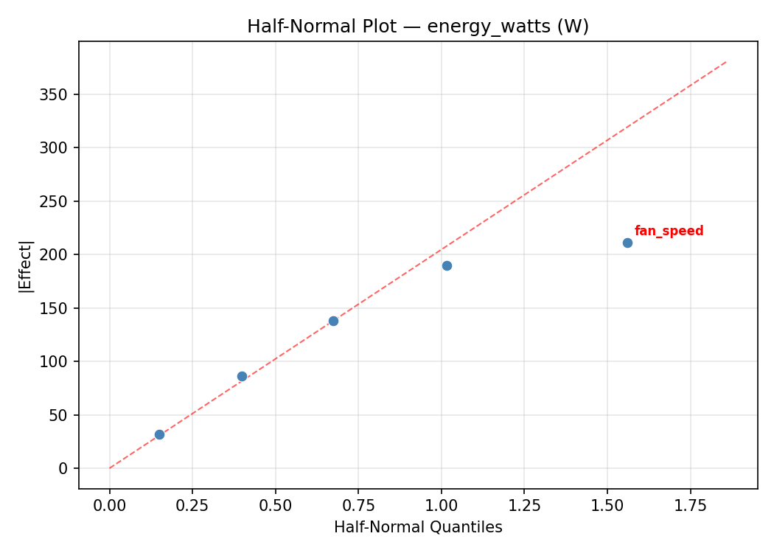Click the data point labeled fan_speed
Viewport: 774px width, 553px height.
tap(627, 243)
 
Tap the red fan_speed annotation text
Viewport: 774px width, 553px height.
tap(669, 231)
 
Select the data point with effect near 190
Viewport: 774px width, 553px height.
tap(447, 265)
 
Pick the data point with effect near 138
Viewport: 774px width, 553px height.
tap(333, 321)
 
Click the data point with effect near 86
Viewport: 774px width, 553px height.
tap(242, 376)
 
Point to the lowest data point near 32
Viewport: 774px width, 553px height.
tap(159, 434)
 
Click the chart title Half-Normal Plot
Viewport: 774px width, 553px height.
tap(417, 27)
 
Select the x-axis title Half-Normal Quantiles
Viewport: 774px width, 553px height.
tap(417, 527)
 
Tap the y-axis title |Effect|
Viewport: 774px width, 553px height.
tap(26, 266)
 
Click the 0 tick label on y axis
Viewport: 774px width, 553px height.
tap(64, 468)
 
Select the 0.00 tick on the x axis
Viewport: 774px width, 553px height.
tap(110, 507)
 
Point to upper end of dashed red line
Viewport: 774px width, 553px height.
tap(726, 62)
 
